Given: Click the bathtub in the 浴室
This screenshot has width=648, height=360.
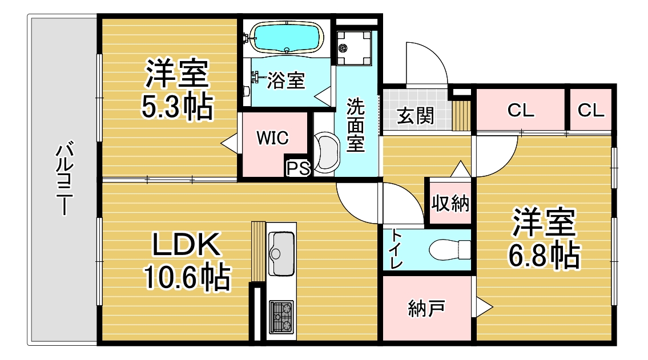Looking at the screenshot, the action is tap(287, 38).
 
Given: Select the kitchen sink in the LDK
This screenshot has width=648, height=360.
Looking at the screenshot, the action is tap(281, 253).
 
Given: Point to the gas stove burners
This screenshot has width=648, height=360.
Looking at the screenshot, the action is tap(281, 317).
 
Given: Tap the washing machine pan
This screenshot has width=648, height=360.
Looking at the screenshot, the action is tap(354, 48).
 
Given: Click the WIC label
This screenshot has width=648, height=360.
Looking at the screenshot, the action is tap(272, 138).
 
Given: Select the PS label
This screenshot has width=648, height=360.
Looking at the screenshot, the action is tap(299, 168).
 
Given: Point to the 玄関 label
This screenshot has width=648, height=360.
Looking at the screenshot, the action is tap(415, 116).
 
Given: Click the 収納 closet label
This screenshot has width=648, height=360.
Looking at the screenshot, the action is tap(450, 203).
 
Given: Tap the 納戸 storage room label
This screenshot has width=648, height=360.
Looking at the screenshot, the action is tap(426, 308).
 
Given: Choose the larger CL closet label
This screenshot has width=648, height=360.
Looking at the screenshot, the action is tap(521, 111).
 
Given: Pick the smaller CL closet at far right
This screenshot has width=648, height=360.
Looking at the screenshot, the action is tap(591, 111).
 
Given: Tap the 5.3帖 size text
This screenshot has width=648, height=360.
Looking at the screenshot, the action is tap(178, 107).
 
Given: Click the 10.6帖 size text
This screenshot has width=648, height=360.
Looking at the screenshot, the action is tap(187, 277).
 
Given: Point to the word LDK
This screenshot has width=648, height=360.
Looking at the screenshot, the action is tap(186, 244).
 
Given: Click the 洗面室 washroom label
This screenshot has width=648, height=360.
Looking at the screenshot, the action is tap(356, 125).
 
